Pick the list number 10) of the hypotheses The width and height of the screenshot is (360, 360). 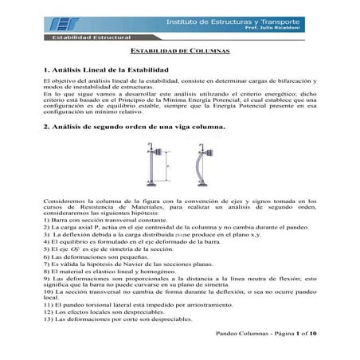[x=49, y=292]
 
